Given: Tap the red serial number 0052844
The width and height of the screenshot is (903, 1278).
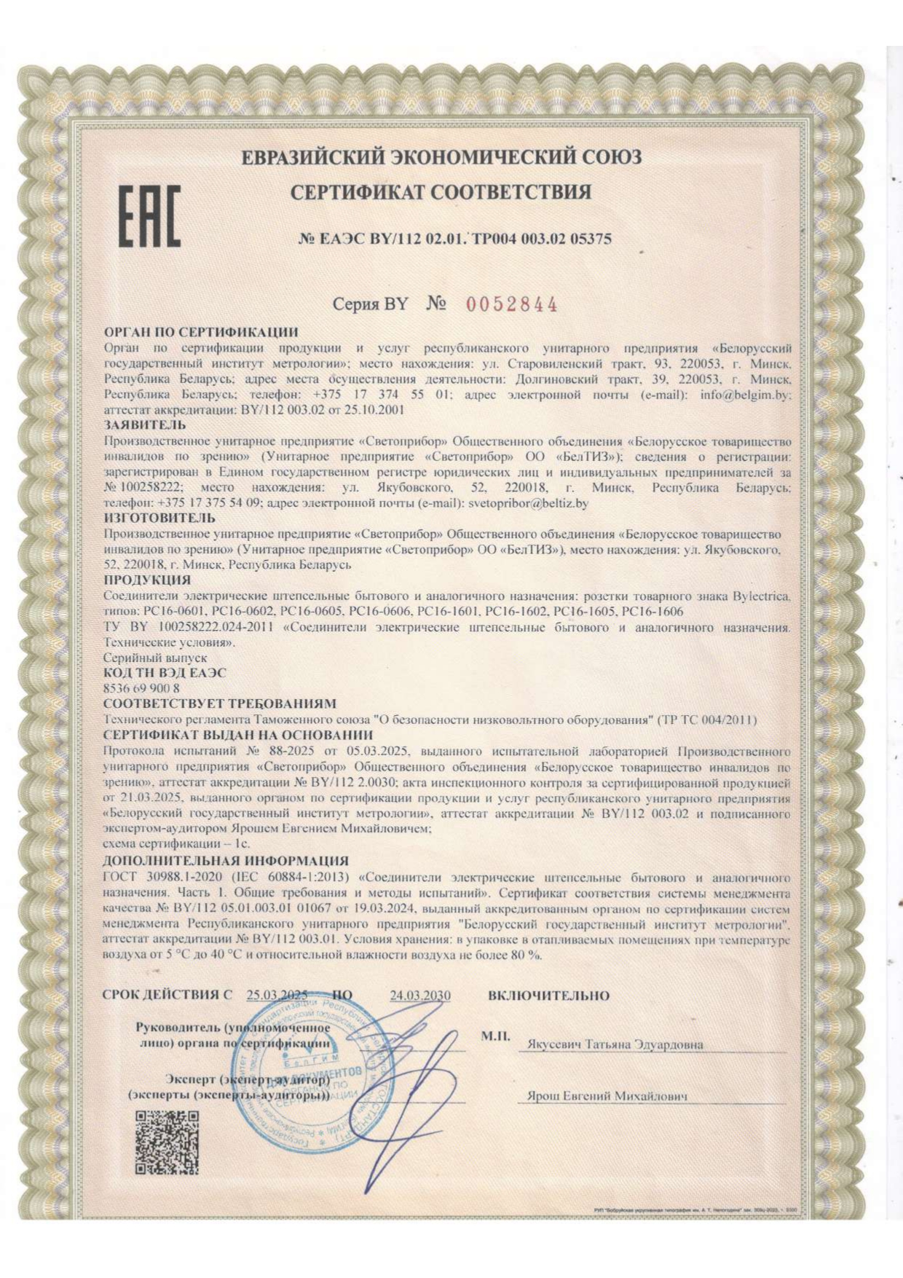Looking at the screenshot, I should point(511,304).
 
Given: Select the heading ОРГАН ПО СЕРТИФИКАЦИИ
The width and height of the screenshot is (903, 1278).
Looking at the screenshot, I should point(201,333).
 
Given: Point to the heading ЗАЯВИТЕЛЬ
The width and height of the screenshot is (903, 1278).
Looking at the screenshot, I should point(145,425).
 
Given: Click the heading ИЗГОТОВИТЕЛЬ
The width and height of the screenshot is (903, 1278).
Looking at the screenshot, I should point(159,518).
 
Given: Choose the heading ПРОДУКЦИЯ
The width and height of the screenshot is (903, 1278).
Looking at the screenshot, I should point(147,580).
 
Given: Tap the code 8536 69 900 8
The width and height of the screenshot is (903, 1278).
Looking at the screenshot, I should point(142,688).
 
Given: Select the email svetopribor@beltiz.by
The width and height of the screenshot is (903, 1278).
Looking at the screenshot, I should point(528,502).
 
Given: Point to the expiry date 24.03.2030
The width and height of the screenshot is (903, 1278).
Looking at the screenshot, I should point(420,995).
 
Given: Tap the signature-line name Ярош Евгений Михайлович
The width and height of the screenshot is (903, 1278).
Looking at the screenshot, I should point(607,1096).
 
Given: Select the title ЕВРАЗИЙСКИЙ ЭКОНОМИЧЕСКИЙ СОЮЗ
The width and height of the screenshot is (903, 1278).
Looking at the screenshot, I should point(441,157).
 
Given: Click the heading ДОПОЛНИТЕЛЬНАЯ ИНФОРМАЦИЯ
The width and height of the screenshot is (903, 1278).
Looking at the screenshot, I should point(226,861).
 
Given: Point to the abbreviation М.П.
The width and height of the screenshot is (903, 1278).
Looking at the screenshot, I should point(495,1035).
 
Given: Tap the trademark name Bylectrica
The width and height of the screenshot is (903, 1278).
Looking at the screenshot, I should point(757,596).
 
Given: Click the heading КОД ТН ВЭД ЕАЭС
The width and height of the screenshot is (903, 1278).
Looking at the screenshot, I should point(165,673).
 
